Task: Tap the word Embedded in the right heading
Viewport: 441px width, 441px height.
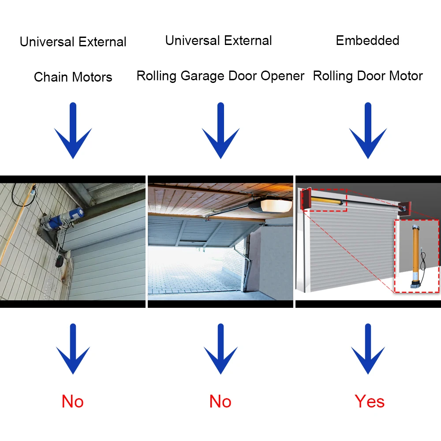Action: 367,41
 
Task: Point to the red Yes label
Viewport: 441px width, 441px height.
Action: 370,401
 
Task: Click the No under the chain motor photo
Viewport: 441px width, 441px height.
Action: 73,401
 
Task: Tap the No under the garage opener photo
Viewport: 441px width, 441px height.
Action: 220,401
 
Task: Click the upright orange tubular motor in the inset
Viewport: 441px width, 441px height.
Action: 415,251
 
